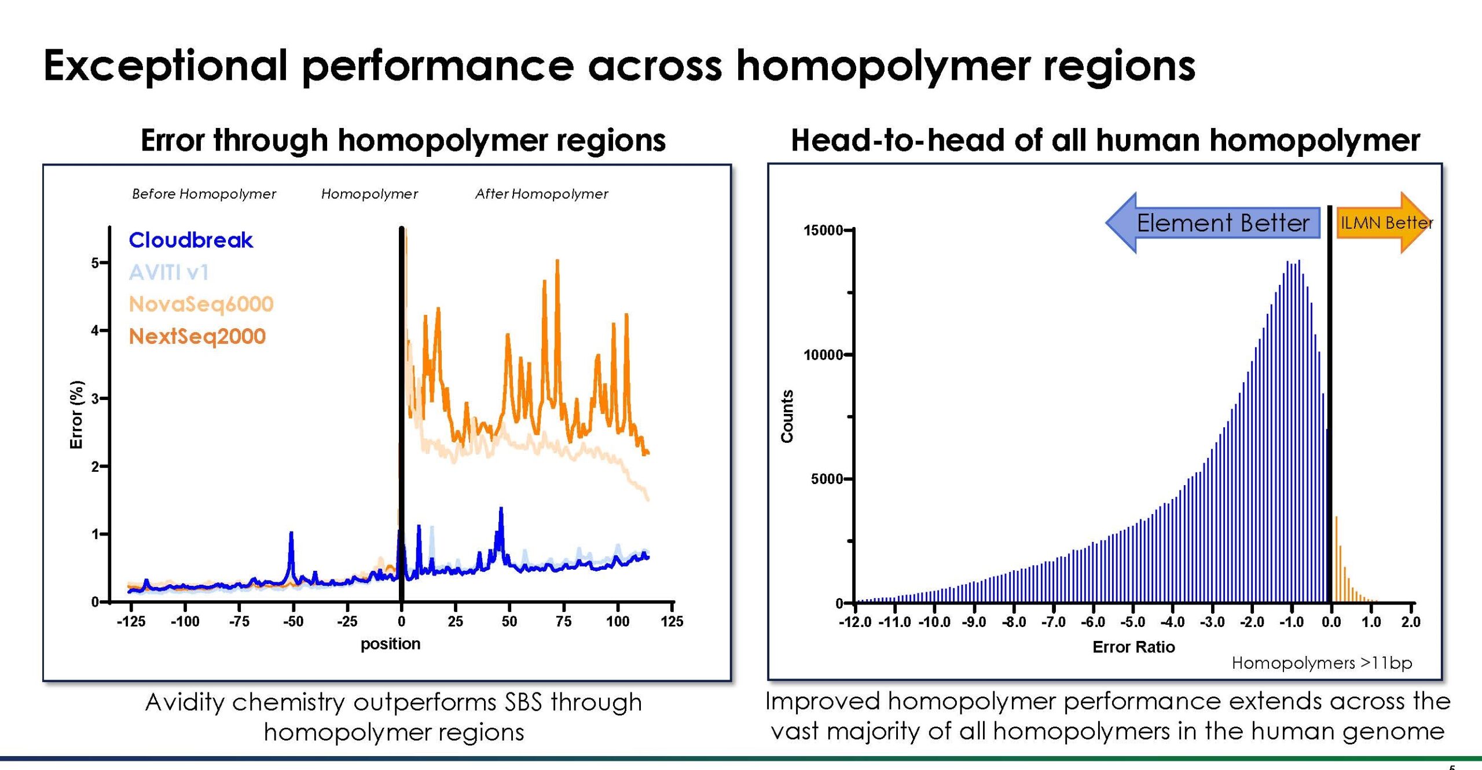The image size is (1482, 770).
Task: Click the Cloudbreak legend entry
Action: click(x=190, y=240)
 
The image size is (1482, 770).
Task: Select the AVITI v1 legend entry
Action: click(x=168, y=272)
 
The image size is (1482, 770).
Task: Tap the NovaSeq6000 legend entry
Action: click(x=201, y=304)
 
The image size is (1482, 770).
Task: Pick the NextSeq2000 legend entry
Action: click(x=197, y=336)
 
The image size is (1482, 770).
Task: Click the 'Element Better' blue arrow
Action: click(x=1213, y=223)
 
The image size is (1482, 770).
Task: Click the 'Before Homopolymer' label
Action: click(x=204, y=194)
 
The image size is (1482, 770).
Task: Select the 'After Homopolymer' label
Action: click(x=541, y=194)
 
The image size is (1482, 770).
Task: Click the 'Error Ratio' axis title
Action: click(x=1133, y=647)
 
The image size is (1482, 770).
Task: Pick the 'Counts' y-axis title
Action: click(x=787, y=416)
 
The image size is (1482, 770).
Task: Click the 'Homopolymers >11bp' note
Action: click(x=1322, y=663)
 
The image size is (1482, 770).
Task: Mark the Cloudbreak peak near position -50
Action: click(x=291, y=533)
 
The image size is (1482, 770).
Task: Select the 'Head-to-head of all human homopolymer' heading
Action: click(x=1105, y=140)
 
